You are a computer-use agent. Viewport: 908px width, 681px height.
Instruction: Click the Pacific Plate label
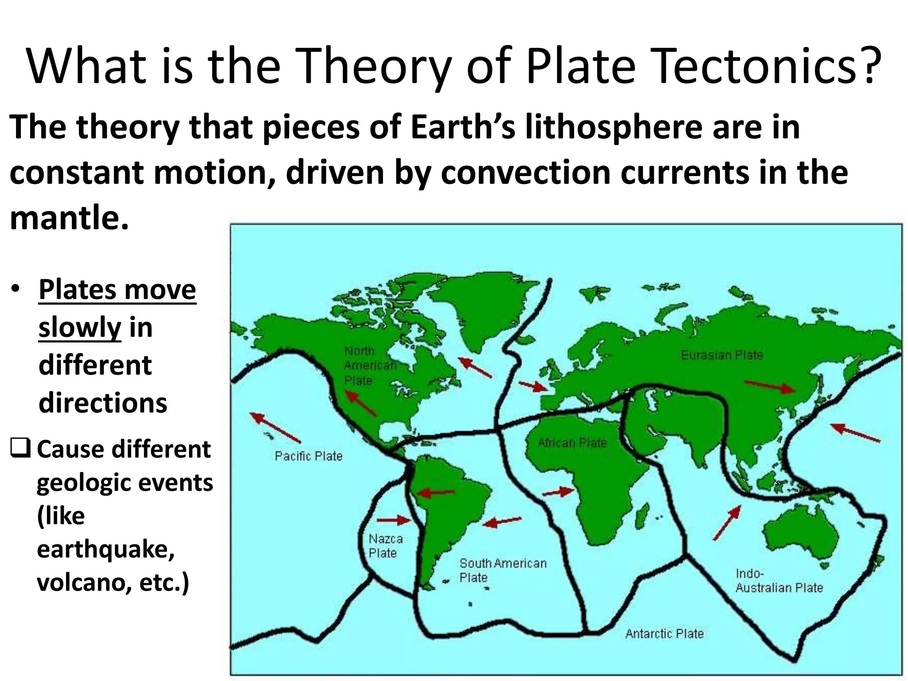click(309, 456)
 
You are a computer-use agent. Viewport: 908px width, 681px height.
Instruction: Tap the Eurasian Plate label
click(722, 355)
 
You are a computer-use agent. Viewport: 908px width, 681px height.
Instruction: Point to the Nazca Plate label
click(385, 546)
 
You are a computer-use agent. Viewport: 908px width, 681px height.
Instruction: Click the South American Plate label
click(502, 570)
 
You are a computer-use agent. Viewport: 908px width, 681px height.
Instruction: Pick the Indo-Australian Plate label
click(779, 580)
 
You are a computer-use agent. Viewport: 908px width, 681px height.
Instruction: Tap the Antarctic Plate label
click(664, 634)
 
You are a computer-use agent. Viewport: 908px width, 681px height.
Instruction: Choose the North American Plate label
click(370, 366)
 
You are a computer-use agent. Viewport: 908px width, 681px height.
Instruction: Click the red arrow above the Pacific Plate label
click(275, 427)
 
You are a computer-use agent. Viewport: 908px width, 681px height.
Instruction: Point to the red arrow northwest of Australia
click(727, 523)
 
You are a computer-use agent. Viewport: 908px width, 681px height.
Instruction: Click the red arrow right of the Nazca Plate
click(395, 520)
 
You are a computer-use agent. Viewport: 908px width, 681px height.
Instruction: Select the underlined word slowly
click(80, 328)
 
